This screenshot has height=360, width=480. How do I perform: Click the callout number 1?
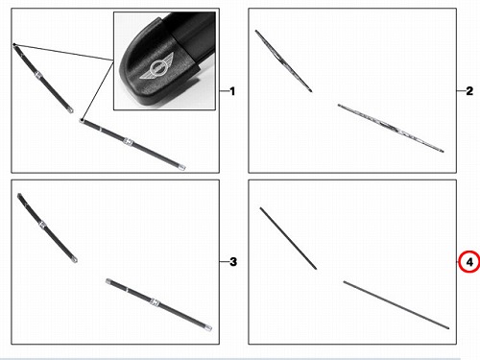[x=232, y=91]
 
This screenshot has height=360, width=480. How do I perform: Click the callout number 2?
[x=469, y=91]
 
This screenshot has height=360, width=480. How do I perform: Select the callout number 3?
[x=233, y=262]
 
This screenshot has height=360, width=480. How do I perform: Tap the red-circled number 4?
[x=469, y=262]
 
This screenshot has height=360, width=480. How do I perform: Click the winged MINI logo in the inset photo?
[x=156, y=68]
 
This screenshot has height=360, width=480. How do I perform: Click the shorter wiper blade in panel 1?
[x=43, y=79]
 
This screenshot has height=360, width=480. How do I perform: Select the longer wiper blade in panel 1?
[x=132, y=144]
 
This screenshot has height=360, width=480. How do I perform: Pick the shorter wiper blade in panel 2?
[x=283, y=60]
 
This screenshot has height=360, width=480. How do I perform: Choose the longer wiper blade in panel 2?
[x=391, y=128]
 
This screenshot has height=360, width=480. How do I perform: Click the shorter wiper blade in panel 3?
[x=47, y=228]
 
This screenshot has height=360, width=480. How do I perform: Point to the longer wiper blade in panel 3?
[x=158, y=304]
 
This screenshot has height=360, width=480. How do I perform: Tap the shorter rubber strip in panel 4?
[x=288, y=238]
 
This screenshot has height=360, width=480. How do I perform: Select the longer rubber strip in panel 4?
[x=396, y=305]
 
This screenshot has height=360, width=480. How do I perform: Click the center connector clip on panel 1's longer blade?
[x=128, y=142]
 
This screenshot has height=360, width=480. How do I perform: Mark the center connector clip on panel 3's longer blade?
[x=155, y=301]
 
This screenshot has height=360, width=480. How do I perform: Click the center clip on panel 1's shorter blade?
[x=38, y=75]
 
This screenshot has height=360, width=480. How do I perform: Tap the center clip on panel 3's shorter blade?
[x=42, y=225]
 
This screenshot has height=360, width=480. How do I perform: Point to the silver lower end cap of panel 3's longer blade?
[x=208, y=327]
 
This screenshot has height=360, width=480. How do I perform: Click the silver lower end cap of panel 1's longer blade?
[x=182, y=167]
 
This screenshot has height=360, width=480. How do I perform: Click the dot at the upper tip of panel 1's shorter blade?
[x=14, y=44]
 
